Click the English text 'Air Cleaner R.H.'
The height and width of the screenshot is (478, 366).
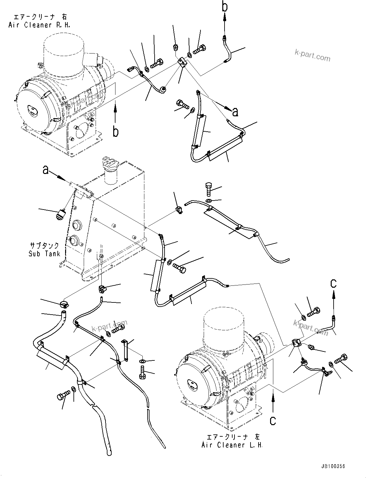pos(39,25)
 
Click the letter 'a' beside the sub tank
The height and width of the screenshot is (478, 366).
pos(46,170)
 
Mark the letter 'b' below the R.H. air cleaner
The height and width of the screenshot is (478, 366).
pos(115,131)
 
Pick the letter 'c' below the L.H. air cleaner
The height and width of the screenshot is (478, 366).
pos(272,420)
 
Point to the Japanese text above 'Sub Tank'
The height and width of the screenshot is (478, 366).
pos(45,245)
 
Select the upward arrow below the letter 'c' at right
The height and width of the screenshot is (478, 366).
pos(272,399)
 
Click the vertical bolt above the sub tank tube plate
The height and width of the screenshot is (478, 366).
pos(208,189)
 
